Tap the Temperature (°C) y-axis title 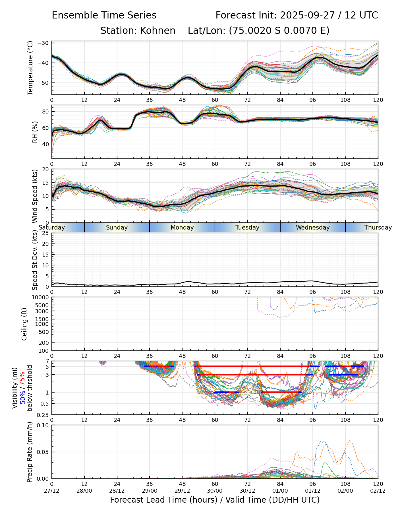(x=30, y=68)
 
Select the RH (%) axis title (x=35, y=132)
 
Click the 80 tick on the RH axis (x=46, y=111)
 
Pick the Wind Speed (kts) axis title (x=35, y=196)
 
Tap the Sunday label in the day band (x=117, y=228)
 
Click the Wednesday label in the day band (x=313, y=228)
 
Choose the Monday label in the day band (x=182, y=228)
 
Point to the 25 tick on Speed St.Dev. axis (x=46, y=233)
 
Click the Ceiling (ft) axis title (x=24, y=324)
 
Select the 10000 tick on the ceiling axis (x=42, y=298)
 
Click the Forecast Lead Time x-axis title (x=215, y=500)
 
